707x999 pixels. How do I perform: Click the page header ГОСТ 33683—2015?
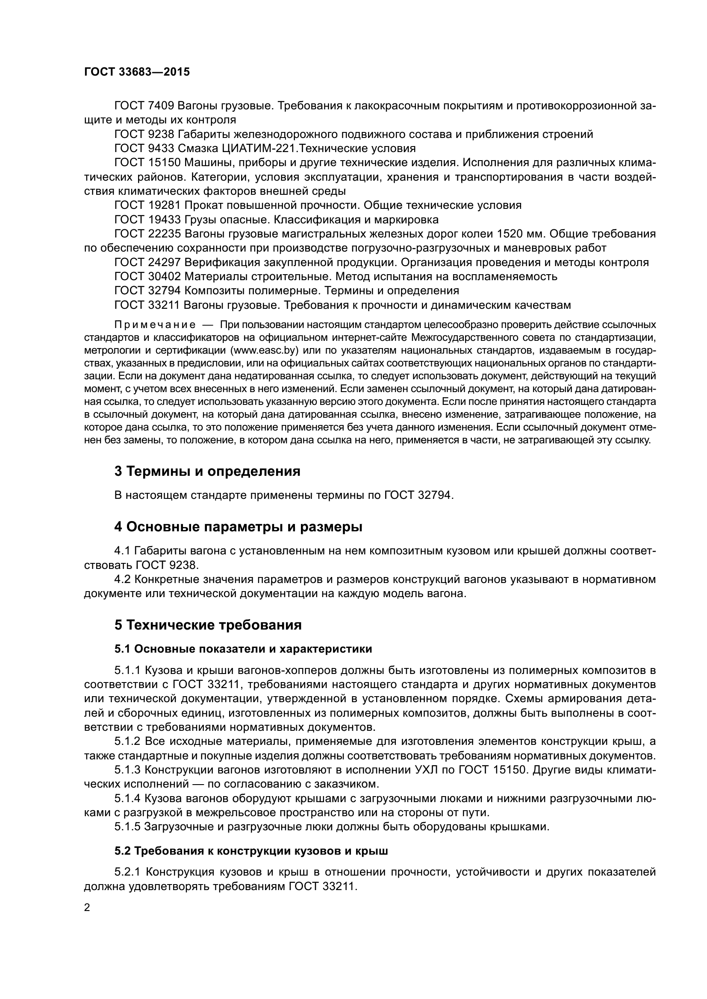(137, 72)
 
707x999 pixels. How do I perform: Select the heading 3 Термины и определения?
(207, 471)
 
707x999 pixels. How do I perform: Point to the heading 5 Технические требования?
(208, 625)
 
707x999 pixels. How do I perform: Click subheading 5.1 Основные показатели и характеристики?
(243, 649)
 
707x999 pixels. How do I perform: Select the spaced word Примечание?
(155, 325)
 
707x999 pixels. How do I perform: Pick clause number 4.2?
(122, 579)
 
